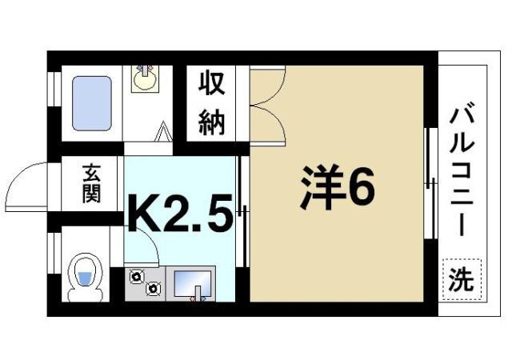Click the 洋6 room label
coord(337,189)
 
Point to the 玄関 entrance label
coord(91,182)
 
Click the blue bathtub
coord(92,103)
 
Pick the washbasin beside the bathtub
coord(145,78)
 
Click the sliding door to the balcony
coord(430,184)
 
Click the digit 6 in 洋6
coord(358,189)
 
